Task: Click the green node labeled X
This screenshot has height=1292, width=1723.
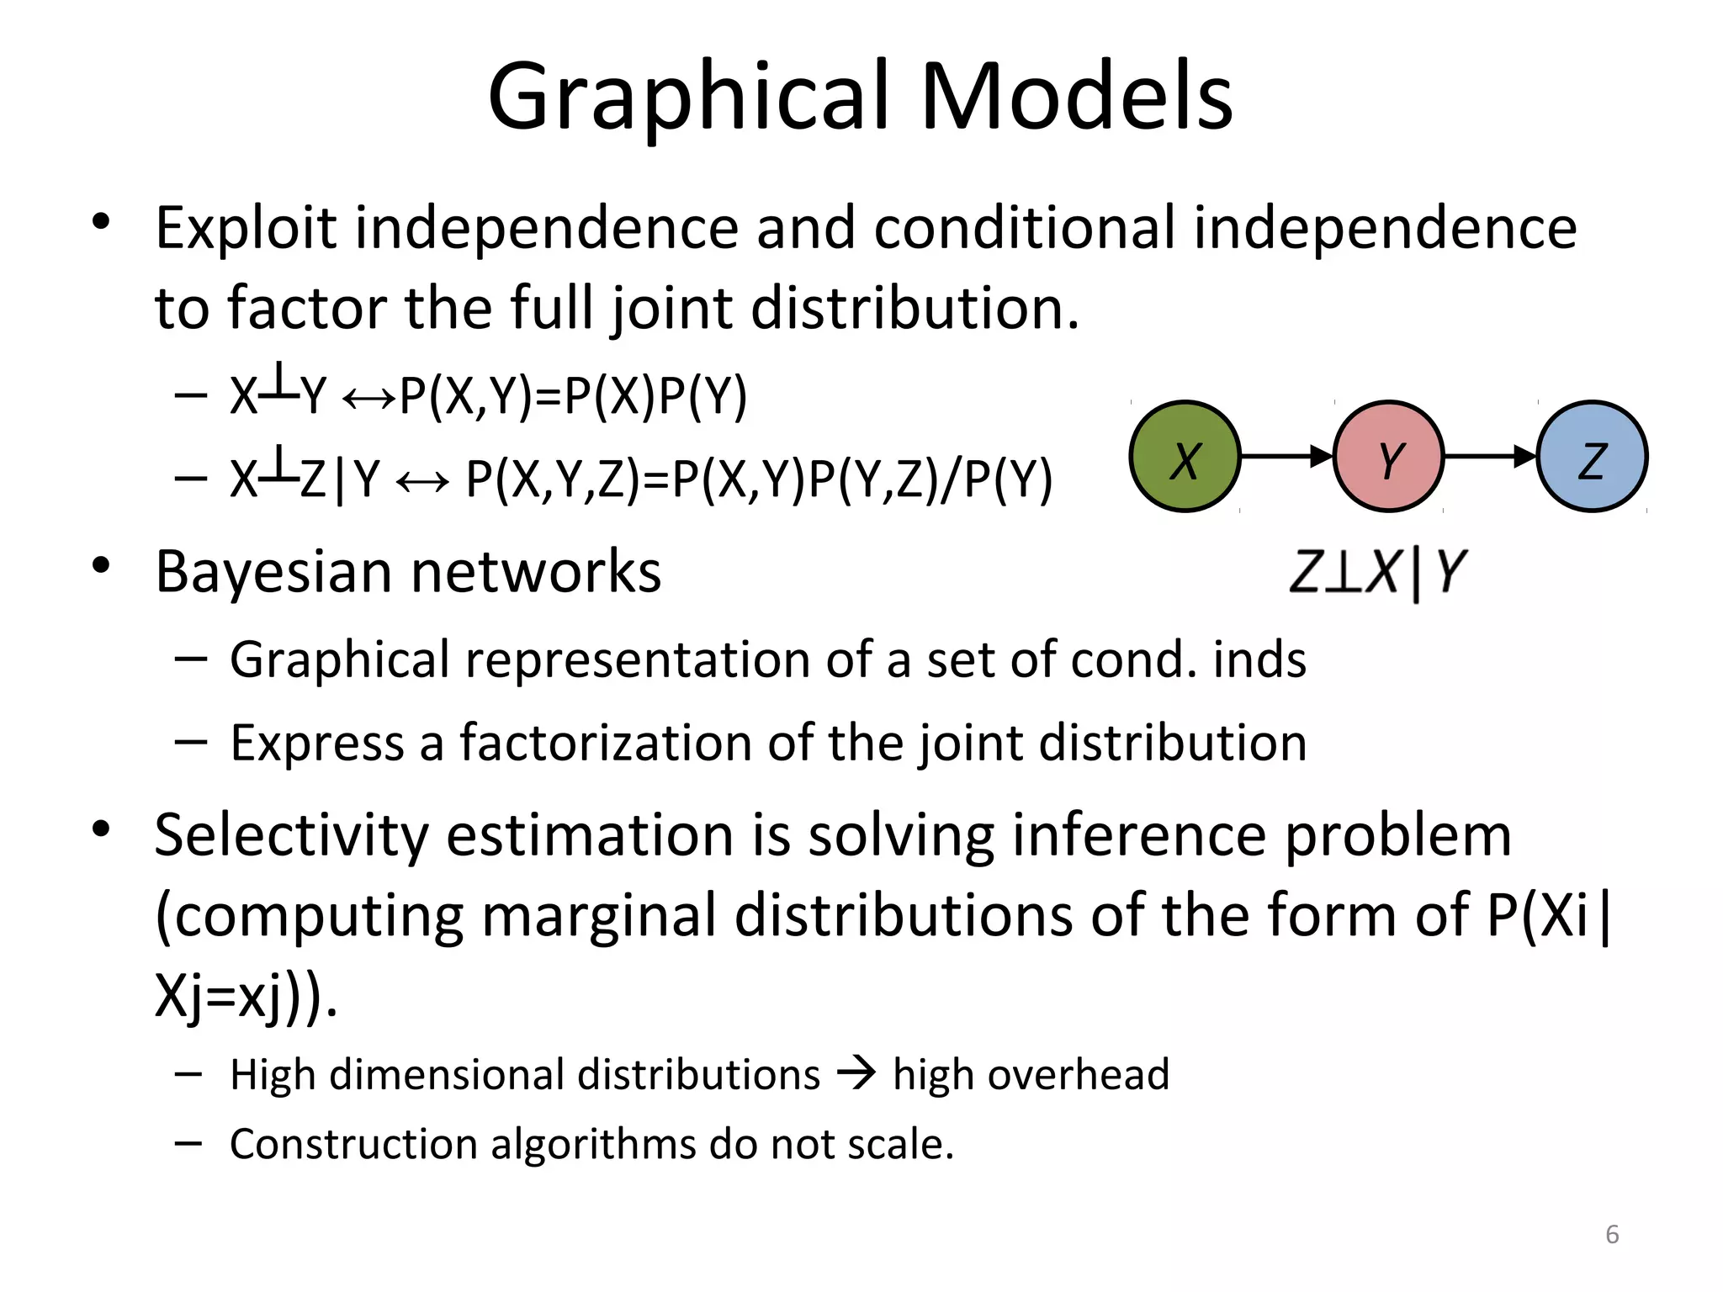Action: (1185, 457)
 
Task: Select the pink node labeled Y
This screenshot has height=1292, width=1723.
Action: (1388, 457)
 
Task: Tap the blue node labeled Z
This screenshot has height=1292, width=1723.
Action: (1592, 457)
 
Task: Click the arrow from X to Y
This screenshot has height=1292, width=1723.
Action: (1286, 457)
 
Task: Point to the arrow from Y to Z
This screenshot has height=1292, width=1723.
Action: (1490, 457)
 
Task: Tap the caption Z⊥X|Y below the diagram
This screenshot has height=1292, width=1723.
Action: (1378, 572)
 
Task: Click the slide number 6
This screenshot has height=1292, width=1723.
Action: (1612, 1234)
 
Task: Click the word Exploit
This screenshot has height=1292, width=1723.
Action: (246, 229)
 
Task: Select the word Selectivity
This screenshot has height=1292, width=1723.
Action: (291, 836)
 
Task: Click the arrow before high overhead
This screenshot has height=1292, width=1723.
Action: (856, 1073)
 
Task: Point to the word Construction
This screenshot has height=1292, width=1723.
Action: (353, 1144)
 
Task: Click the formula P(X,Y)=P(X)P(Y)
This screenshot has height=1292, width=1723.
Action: (573, 396)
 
